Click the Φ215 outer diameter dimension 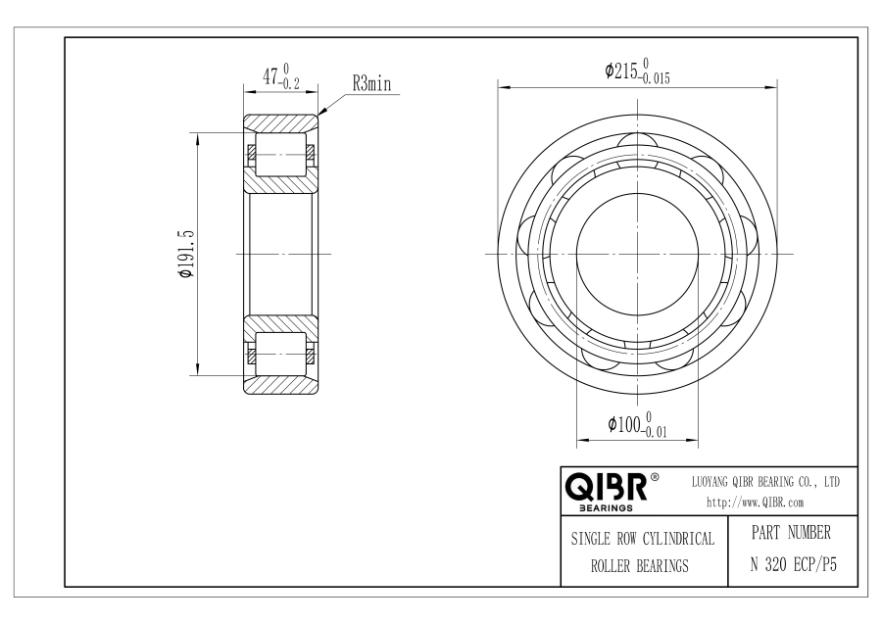pyautogui.click(x=637, y=71)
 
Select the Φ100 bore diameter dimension pyautogui.click(x=637, y=424)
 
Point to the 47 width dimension pyautogui.click(x=280, y=75)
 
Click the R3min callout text pyautogui.click(x=371, y=84)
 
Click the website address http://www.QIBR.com pyautogui.click(x=755, y=503)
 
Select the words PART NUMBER pyautogui.click(x=791, y=533)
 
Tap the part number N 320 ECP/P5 pyautogui.click(x=793, y=564)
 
